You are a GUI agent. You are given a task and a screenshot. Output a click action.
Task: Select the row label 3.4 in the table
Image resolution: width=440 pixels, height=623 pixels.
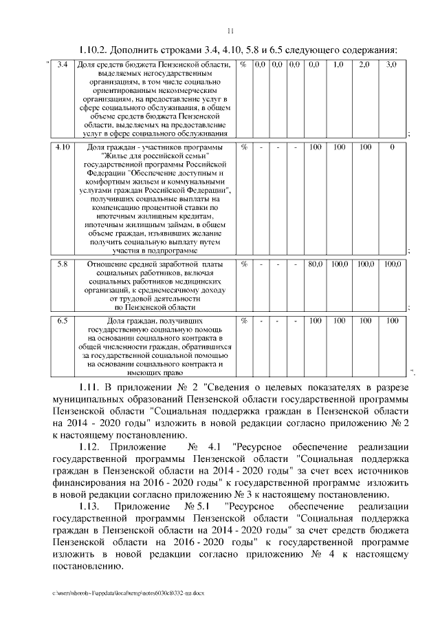[62, 64]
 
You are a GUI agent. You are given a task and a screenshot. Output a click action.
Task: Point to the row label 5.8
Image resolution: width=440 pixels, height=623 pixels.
[62, 264]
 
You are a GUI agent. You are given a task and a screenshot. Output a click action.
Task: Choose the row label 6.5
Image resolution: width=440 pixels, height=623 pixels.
[62, 320]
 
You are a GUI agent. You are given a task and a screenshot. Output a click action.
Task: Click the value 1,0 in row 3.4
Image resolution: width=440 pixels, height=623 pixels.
[338, 64]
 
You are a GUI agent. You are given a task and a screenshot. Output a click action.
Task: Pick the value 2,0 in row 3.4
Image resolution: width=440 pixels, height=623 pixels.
[364, 64]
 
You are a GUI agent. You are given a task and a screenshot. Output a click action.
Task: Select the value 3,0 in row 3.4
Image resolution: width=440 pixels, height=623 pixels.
[391, 64]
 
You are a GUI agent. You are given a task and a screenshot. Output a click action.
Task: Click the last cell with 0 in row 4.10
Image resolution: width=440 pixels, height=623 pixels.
[391, 147]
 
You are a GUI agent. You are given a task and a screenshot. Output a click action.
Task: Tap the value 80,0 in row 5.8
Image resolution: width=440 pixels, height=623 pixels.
[315, 264]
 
